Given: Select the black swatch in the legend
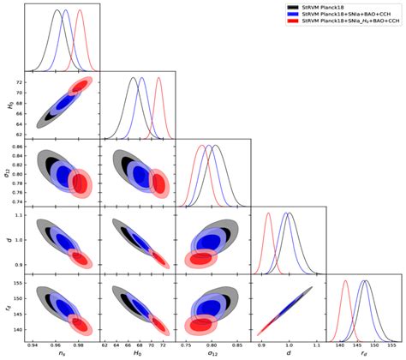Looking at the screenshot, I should click(x=292, y=6).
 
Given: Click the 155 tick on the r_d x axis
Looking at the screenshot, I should click(x=389, y=344).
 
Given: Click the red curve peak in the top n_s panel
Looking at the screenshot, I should click(x=80, y=11).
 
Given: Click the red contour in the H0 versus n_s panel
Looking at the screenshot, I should click(x=80, y=86).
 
